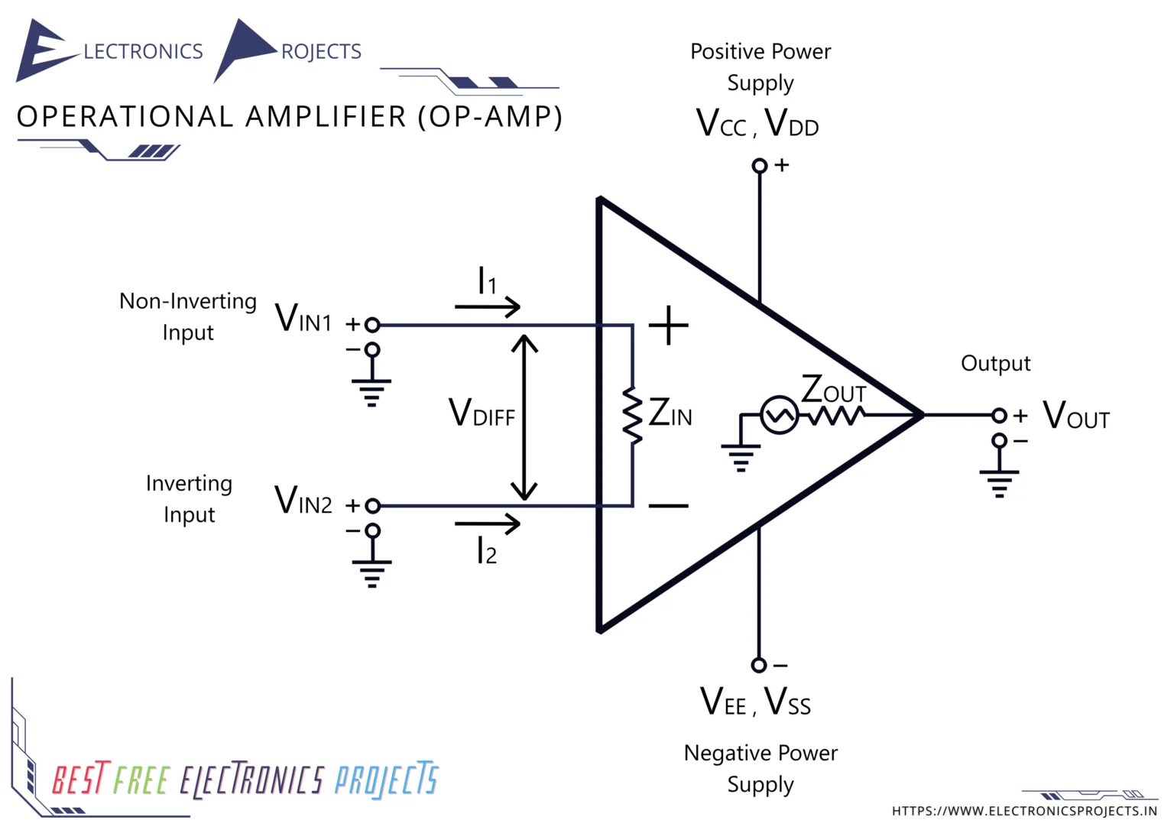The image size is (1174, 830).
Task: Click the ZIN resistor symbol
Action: coord(632,416)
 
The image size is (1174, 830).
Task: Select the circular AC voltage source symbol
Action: coord(779,416)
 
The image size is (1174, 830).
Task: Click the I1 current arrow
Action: coord(487,306)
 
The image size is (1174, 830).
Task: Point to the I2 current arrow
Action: coord(487,524)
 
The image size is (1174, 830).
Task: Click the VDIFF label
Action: coord(482,413)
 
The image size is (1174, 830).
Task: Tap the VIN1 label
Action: coord(303,318)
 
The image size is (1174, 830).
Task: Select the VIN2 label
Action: coord(303,501)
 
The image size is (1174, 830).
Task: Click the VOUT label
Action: coord(1075,416)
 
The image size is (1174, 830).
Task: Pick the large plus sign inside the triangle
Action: coord(669,326)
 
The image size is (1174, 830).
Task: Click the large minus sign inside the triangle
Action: coord(669,506)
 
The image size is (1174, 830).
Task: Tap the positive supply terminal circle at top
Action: coord(759,166)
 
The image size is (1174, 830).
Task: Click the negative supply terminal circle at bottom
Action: coord(758,665)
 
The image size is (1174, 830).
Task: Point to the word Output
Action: coord(995,363)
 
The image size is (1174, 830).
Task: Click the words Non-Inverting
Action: coord(187,301)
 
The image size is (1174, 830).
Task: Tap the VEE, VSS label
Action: coord(755,702)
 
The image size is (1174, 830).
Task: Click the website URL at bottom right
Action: coord(1024,811)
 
